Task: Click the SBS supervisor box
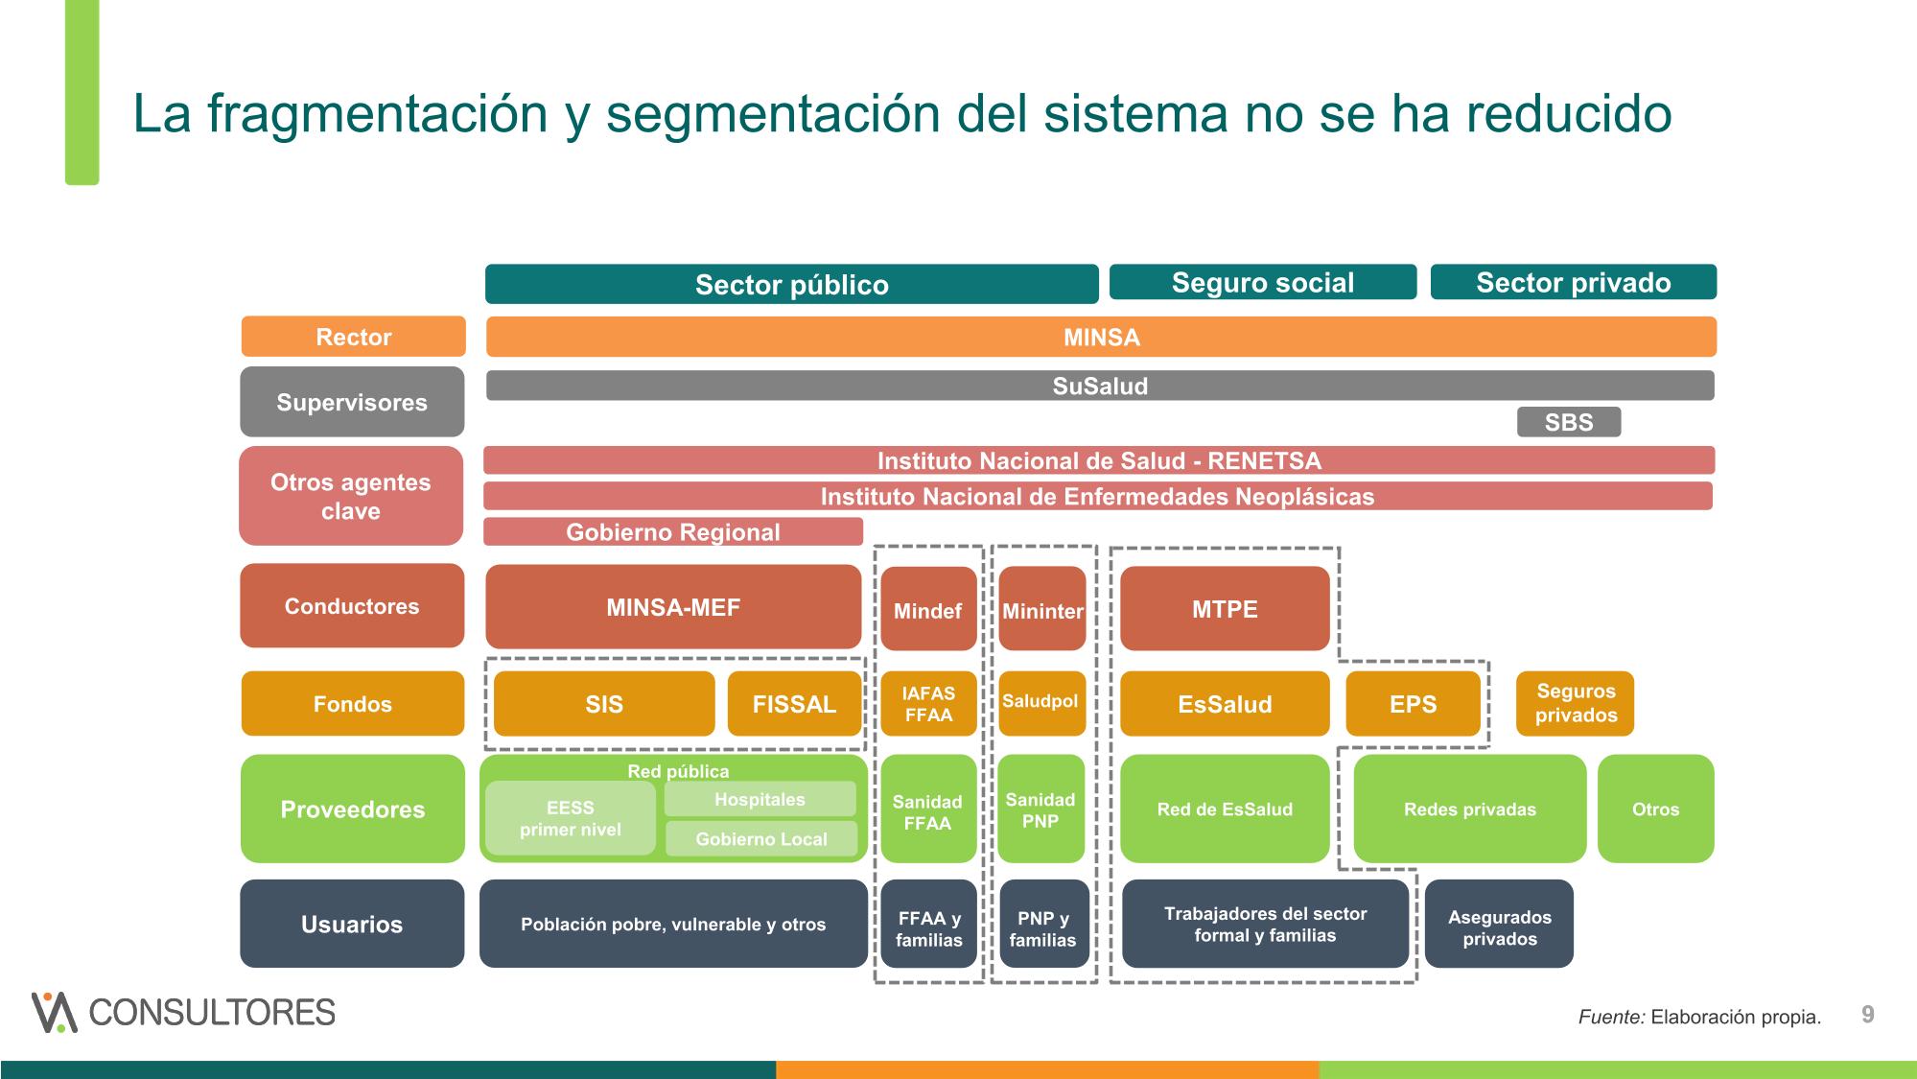pyautogui.click(x=1569, y=422)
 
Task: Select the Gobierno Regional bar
pyautogui.click(x=673, y=532)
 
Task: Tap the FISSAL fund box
pyautogui.click(x=794, y=704)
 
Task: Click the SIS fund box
pyautogui.click(x=604, y=704)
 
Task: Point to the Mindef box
pyautogui.click(x=928, y=609)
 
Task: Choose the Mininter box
pyautogui.click(x=1042, y=609)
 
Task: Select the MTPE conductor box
pyautogui.click(x=1225, y=609)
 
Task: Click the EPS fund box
pyautogui.click(x=1414, y=704)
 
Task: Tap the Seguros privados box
pyautogui.click(x=1575, y=704)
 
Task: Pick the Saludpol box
pyautogui.click(x=1041, y=704)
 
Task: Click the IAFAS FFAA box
pyautogui.click(x=928, y=704)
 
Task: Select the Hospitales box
pyautogui.click(x=760, y=799)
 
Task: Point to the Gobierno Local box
pyautogui.click(x=761, y=839)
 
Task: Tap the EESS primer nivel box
pyautogui.click(x=571, y=818)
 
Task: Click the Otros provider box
pyautogui.click(x=1656, y=809)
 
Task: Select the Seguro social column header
pyautogui.click(x=1263, y=282)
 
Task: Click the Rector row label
pyautogui.click(x=354, y=337)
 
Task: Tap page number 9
pyautogui.click(x=1868, y=1015)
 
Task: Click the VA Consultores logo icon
pyautogui.click(x=55, y=1012)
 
